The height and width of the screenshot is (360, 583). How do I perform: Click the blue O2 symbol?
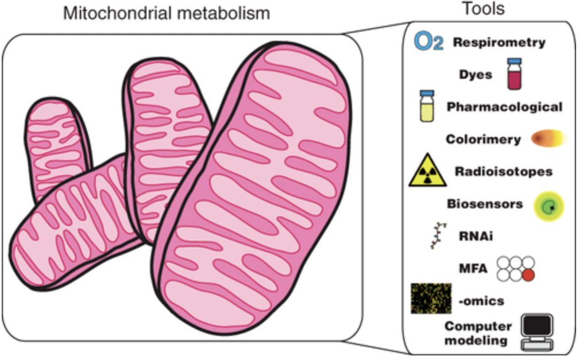coord(429,42)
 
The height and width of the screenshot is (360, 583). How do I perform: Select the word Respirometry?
coord(499,42)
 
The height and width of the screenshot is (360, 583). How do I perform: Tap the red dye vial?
coord(513,74)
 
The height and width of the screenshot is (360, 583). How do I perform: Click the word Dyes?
coord(476,75)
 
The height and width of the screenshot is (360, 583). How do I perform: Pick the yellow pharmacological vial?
coord(427,106)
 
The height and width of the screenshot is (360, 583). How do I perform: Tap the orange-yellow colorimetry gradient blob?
coord(549,138)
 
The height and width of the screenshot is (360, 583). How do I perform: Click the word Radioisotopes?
coord(504,171)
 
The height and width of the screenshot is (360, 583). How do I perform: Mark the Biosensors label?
coord(485,203)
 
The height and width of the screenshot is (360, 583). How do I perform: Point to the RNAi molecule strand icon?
coord(439,234)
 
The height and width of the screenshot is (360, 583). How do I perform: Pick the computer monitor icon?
coord(536,332)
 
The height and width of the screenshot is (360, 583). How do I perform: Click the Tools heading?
coord(483,9)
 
